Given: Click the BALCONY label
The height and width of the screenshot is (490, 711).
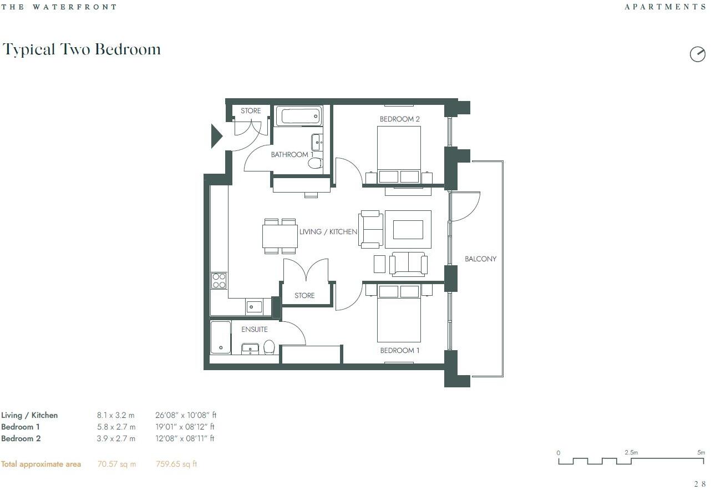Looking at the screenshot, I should (x=480, y=259).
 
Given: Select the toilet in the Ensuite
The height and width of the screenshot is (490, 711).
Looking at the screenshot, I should (x=270, y=347).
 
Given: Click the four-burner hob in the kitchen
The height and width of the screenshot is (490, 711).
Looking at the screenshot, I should (x=219, y=280).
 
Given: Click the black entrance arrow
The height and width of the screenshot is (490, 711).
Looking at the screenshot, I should (x=216, y=136).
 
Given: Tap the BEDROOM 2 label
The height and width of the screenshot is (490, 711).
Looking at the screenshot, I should (x=399, y=119).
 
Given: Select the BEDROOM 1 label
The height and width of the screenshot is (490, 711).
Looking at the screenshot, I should (x=399, y=351).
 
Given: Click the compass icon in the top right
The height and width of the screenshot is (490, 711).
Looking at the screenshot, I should (x=697, y=54).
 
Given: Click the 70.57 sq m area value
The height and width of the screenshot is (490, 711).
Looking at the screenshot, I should (x=116, y=464).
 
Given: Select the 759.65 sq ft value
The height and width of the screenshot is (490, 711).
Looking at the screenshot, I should (x=176, y=464).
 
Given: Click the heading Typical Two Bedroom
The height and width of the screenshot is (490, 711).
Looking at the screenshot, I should (x=82, y=49).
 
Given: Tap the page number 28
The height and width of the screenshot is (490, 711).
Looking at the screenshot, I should (x=699, y=484).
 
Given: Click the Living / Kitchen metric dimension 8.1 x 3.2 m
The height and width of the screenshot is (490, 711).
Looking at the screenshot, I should (x=116, y=415).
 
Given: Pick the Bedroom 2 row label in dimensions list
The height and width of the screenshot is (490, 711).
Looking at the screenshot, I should (x=21, y=438).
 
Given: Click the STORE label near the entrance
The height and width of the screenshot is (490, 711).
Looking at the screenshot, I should (x=251, y=111).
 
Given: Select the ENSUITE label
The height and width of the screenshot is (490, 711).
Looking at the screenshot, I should (x=255, y=330).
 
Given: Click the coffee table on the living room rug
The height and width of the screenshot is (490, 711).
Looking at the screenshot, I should (x=408, y=229).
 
